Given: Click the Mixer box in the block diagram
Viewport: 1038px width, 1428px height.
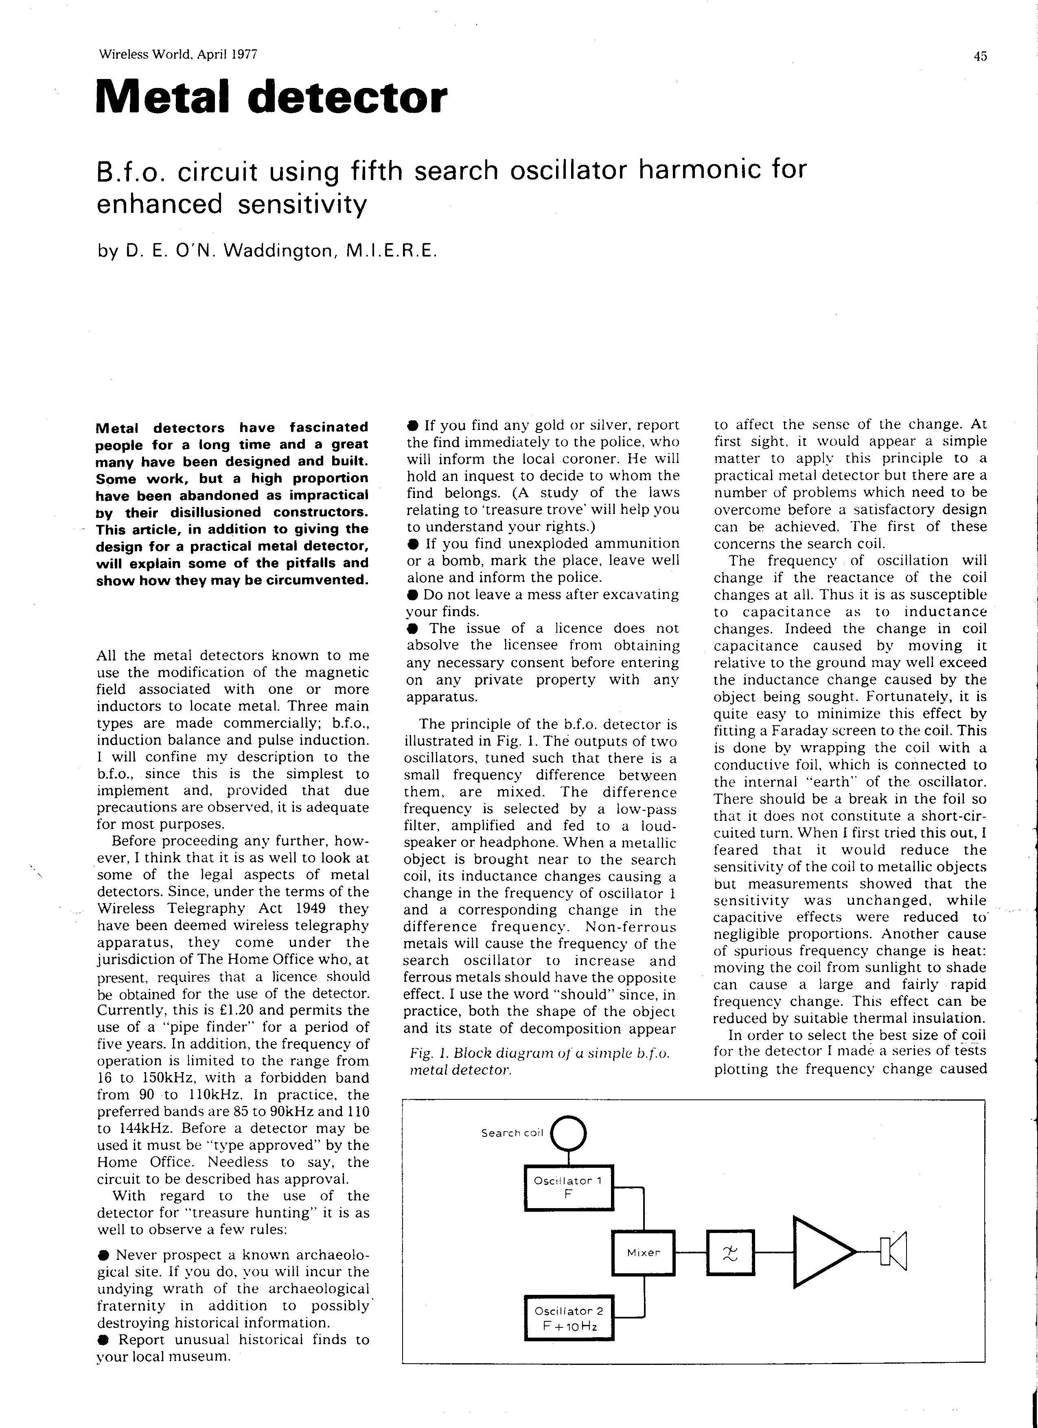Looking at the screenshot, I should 643,1253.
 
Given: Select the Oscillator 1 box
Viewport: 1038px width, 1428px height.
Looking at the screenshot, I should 568,1187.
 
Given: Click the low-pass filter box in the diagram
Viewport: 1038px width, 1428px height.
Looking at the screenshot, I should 731,1253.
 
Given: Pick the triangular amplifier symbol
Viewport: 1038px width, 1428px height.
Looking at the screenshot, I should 821,1253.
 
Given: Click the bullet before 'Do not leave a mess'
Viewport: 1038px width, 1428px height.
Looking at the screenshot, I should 412,595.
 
